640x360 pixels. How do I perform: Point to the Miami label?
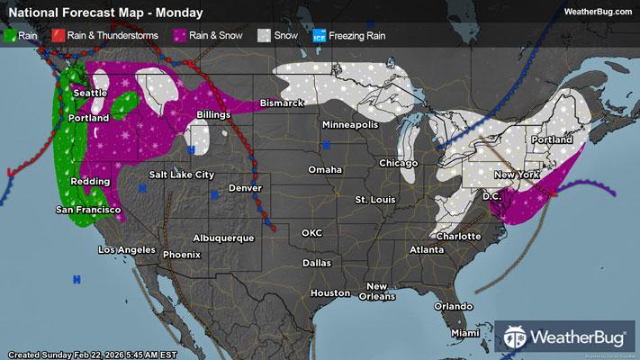click(x=465, y=333)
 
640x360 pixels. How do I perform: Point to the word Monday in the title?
click(x=177, y=13)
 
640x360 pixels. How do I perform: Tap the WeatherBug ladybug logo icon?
click(x=518, y=337)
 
